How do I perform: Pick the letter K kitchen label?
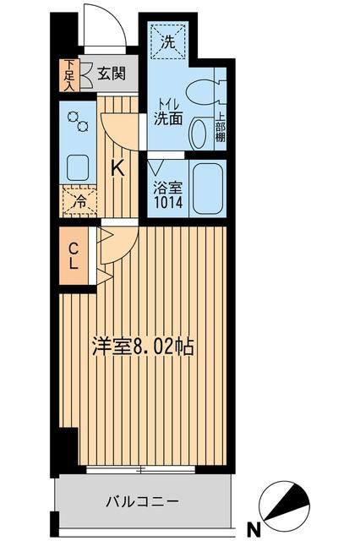point(119,167)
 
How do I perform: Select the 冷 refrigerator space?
point(79,202)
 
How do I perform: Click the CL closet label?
point(74,256)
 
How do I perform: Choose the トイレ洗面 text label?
point(168,112)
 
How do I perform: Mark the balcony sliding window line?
point(142,467)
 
